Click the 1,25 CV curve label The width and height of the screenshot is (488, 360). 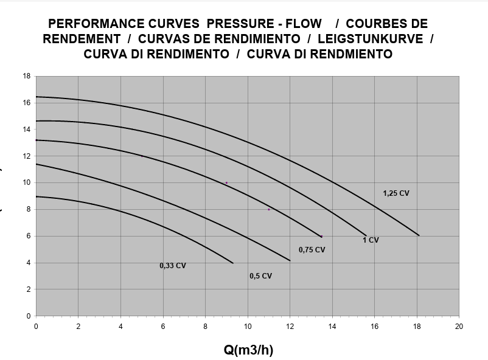tap(396, 193)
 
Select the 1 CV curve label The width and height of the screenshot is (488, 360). tap(371, 240)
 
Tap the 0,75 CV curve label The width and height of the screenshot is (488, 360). tap(312, 250)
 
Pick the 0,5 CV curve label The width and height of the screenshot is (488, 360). tap(260, 276)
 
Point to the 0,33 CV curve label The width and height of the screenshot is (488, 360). tap(173, 266)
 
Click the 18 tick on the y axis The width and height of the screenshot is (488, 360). tap(27, 76)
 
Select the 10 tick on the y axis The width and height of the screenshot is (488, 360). tap(27, 182)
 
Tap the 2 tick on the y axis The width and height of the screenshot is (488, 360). tap(28, 289)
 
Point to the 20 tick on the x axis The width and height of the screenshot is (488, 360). tap(459, 327)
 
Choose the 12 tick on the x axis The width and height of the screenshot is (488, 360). tap(290, 327)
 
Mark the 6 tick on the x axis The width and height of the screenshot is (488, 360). tap(163, 327)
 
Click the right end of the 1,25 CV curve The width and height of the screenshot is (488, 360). tap(419, 235)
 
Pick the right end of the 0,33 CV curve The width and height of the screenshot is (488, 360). tap(233, 263)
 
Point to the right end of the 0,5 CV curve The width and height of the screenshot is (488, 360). tap(290, 261)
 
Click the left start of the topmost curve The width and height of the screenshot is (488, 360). tap(37, 97)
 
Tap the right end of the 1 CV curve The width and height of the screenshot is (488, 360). tap(366, 235)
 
